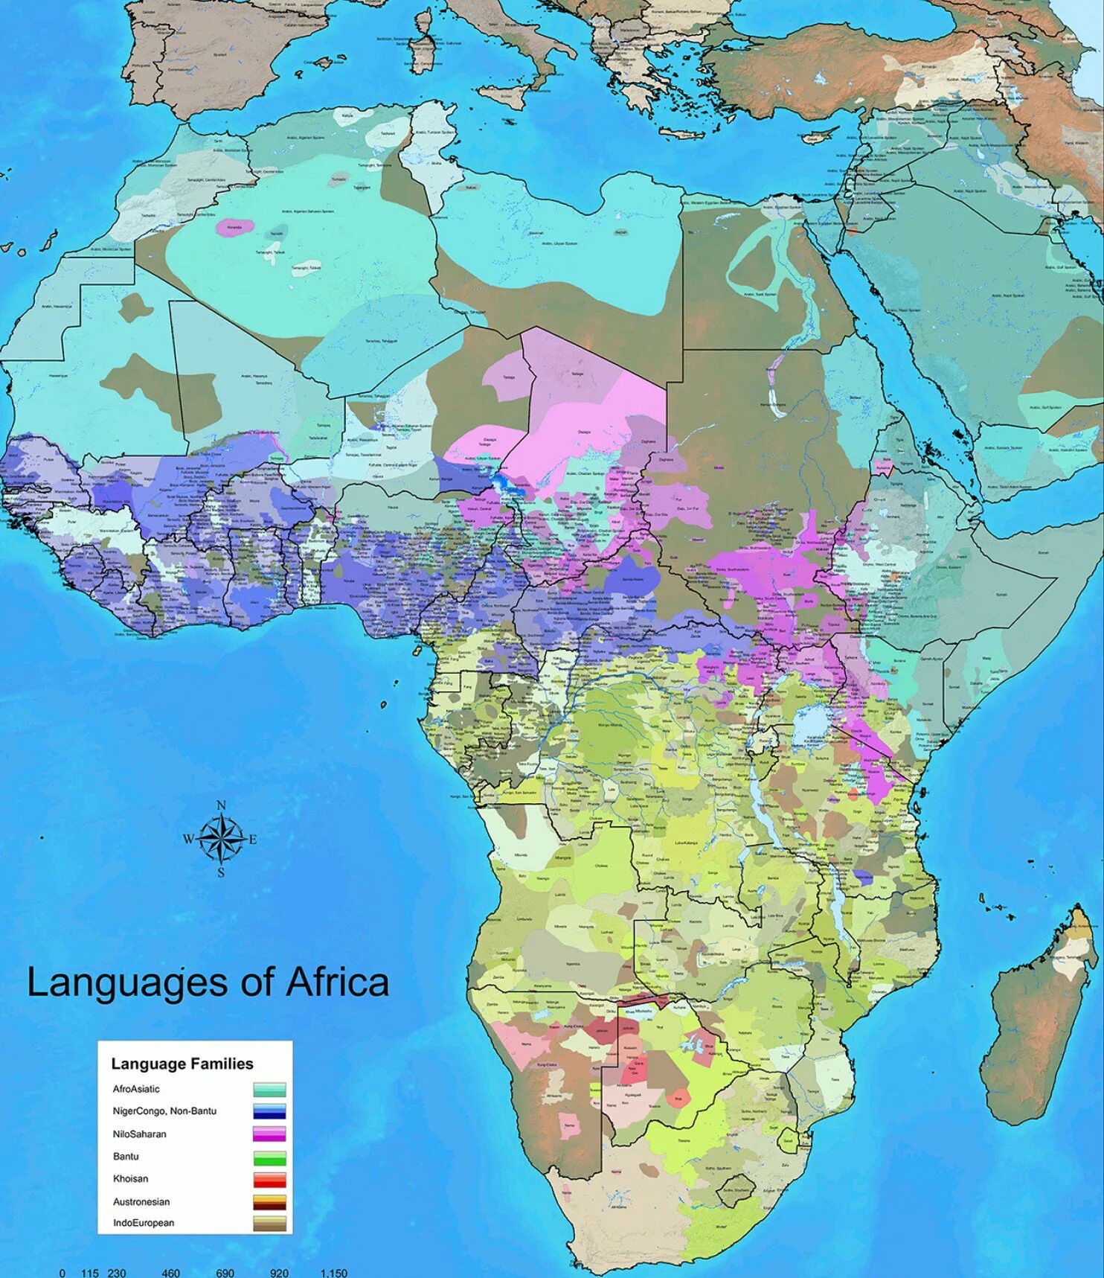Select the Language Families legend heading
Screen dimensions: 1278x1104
(x=182, y=1064)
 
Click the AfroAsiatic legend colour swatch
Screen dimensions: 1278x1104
(x=269, y=1090)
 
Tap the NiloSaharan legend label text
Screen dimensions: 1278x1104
(x=139, y=1134)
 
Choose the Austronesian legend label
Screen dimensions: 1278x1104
(x=141, y=1201)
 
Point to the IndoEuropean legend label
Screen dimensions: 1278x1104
(x=144, y=1223)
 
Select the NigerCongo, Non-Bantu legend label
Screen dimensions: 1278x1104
(x=164, y=1111)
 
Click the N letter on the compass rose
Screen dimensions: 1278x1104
(x=221, y=805)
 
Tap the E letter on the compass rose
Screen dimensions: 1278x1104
(x=253, y=840)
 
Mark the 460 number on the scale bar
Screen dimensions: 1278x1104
(x=170, y=1273)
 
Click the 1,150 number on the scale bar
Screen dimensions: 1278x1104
(x=333, y=1273)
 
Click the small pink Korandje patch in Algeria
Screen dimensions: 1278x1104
(x=234, y=228)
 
